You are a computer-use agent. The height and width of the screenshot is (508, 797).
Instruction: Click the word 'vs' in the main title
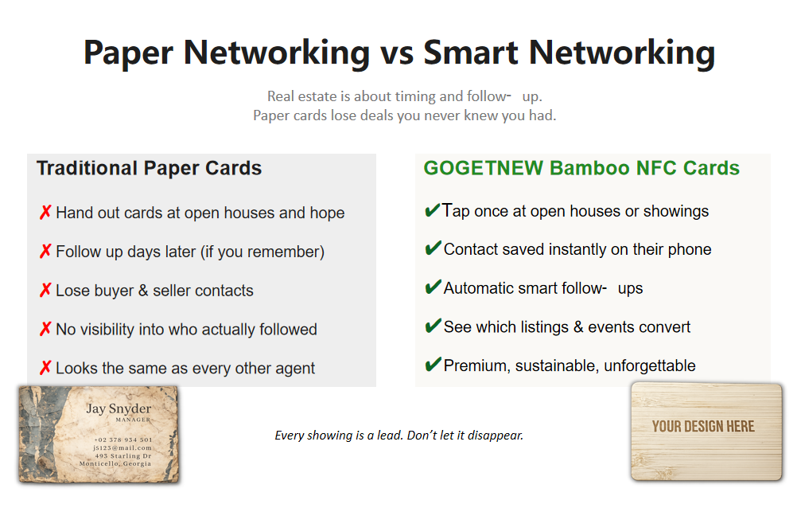(x=397, y=53)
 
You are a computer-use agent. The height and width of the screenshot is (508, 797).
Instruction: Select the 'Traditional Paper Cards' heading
(x=149, y=169)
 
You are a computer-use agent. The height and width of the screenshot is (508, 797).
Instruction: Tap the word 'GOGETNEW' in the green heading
(x=484, y=168)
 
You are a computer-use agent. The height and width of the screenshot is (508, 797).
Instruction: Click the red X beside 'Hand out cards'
(x=45, y=213)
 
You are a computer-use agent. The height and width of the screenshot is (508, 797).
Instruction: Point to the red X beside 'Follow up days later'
(x=45, y=251)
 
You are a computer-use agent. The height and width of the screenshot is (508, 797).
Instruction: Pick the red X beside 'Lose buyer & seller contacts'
(x=45, y=290)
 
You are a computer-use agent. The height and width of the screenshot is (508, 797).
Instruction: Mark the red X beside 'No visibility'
(x=45, y=329)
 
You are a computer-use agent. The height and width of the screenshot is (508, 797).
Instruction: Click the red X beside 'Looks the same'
(x=45, y=368)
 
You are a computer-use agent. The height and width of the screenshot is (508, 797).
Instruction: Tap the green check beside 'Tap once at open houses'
(x=433, y=209)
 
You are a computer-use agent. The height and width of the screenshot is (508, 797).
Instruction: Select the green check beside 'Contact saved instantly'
(x=433, y=248)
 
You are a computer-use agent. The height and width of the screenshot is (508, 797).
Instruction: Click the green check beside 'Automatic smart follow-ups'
(x=433, y=287)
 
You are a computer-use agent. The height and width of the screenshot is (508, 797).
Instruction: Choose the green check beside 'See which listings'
(x=433, y=326)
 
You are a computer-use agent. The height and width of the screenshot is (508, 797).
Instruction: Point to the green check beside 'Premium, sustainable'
(x=433, y=365)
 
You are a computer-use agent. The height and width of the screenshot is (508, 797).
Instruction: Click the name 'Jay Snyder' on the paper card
(x=119, y=408)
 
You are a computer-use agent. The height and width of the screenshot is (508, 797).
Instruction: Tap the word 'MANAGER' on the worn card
(x=133, y=420)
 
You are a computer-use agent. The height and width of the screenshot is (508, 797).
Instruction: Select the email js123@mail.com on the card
(x=122, y=448)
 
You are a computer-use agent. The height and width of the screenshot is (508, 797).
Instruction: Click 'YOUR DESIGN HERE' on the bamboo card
(x=703, y=427)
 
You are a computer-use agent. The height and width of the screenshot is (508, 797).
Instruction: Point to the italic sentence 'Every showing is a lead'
(x=399, y=436)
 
